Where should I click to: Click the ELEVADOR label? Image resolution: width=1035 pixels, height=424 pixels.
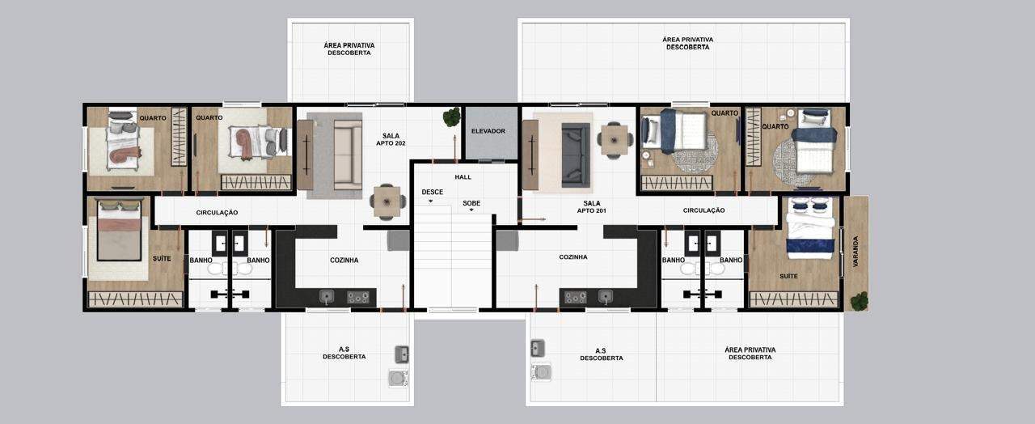click(x=488, y=131)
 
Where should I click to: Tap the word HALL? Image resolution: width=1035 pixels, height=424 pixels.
click(x=463, y=177)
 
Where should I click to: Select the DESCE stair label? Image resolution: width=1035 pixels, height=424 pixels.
click(x=432, y=192)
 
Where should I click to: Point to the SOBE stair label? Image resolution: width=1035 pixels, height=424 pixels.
click(x=471, y=203)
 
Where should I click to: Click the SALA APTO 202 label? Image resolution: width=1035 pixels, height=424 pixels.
click(x=391, y=140)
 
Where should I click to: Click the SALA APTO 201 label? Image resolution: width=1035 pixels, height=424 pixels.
click(x=591, y=206)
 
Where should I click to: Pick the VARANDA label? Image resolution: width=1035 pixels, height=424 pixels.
click(x=855, y=252)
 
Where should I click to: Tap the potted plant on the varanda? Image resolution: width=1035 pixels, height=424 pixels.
click(x=859, y=302)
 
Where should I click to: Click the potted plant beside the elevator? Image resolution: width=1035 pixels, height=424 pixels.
click(x=451, y=117)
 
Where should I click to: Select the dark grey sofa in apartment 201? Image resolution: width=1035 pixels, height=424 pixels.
click(x=576, y=155)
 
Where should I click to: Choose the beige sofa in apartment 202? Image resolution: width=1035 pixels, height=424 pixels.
click(x=348, y=155)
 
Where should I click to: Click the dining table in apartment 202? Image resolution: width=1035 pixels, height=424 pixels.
click(x=387, y=201)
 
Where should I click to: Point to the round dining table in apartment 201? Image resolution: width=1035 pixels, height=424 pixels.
click(x=614, y=140)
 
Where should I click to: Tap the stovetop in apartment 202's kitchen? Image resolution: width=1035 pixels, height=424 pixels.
click(x=358, y=297)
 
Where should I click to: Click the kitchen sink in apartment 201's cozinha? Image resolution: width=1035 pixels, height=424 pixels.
click(x=606, y=296)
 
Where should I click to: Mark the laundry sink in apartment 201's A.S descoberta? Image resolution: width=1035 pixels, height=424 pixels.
click(x=538, y=348)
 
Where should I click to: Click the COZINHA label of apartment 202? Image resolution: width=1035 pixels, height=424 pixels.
click(x=344, y=261)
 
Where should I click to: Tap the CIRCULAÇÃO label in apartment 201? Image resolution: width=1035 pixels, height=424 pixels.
click(x=703, y=210)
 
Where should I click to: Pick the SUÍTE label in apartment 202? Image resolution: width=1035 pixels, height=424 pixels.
click(x=162, y=258)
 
